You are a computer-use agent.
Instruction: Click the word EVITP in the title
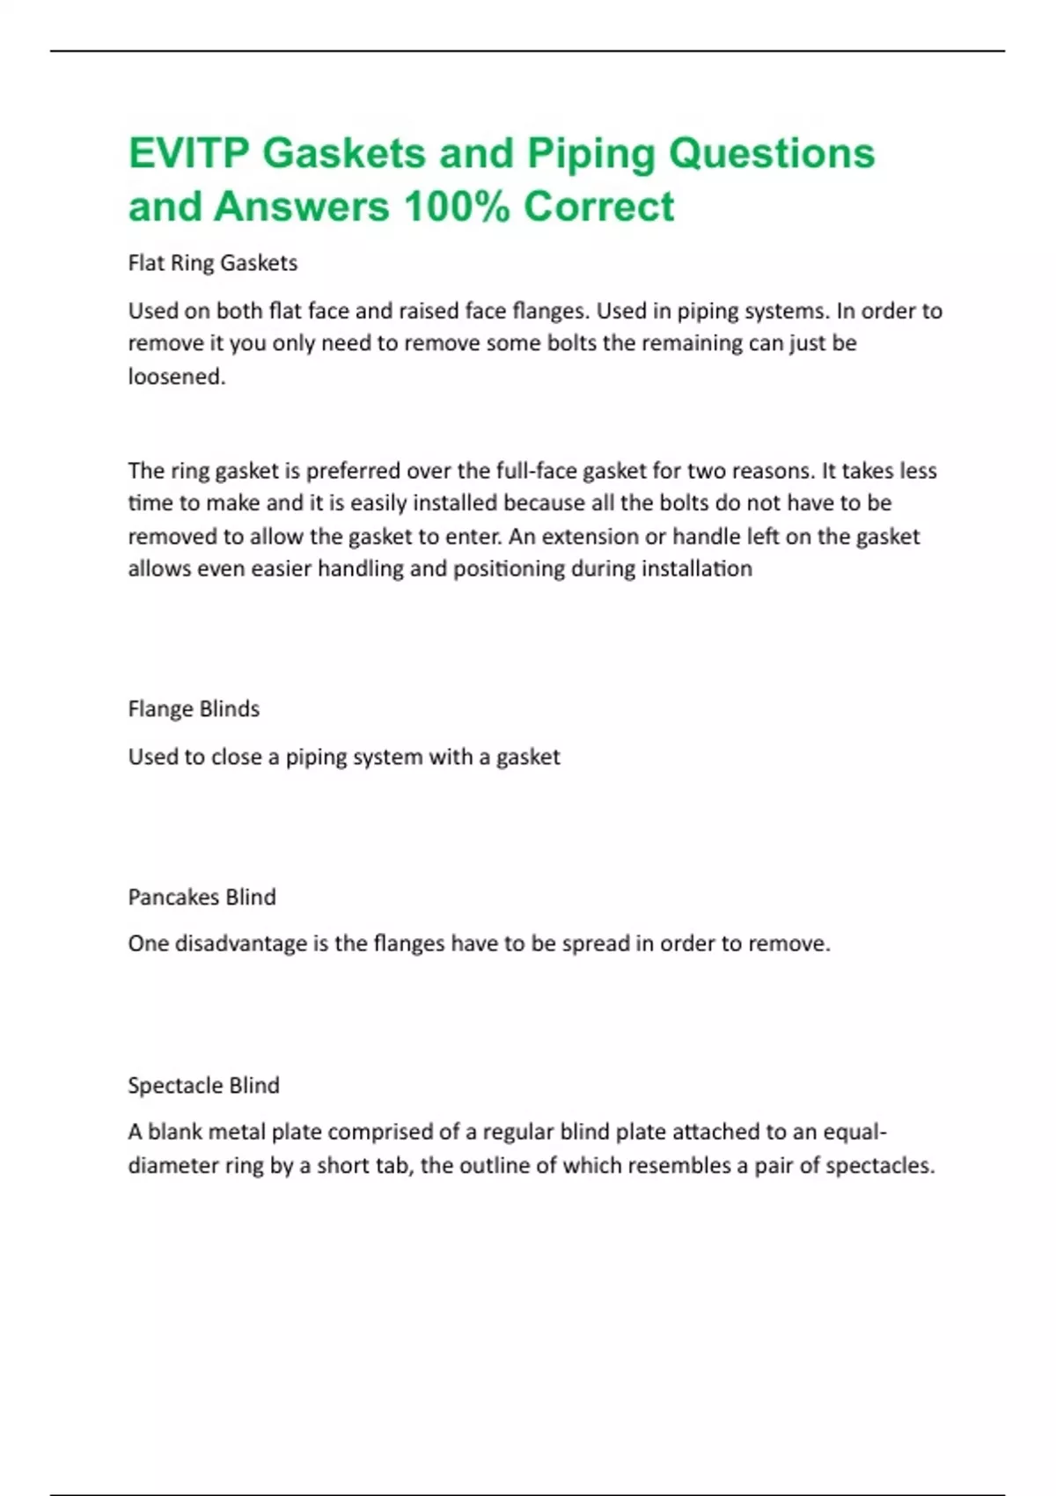189,153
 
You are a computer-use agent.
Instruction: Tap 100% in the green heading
456,208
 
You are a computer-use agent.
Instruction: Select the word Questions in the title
772,153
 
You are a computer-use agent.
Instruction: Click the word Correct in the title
598,208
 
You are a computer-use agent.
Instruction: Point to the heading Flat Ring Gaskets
213,263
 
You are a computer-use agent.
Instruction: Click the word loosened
177,377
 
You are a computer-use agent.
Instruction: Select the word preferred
352,471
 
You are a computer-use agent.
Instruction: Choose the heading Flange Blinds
194,709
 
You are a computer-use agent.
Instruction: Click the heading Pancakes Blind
202,898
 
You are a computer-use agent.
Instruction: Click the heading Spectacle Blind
203,1086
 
